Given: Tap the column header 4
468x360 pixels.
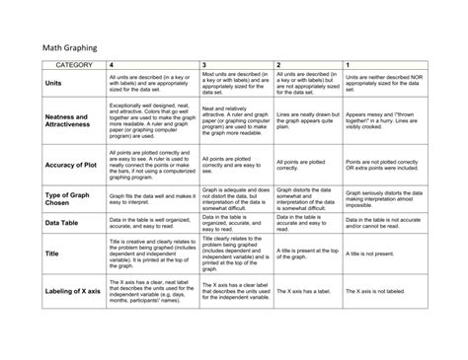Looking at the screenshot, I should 112,64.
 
